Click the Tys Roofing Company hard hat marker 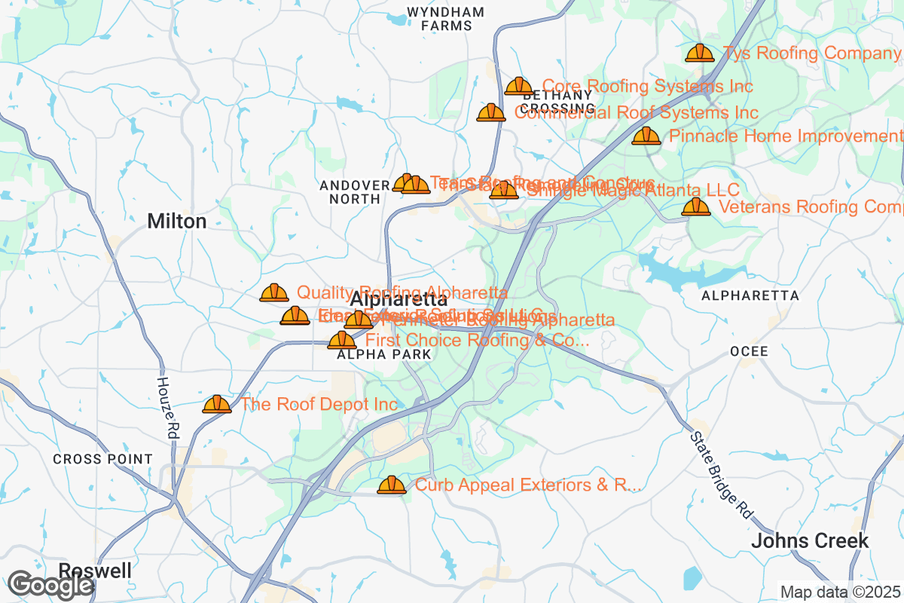point(699,53)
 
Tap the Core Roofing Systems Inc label point(647,87)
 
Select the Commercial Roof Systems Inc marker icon point(491,112)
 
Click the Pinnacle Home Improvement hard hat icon point(646,136)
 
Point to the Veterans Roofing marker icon point(695,207)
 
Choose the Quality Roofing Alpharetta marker point(273,292)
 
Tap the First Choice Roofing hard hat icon point(342,340)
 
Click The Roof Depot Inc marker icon point(217,405)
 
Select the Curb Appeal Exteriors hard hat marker point(392,485)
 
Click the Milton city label point(177,221)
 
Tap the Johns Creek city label point(810,540)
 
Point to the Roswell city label point(95,570)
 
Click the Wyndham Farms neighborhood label point(446,19)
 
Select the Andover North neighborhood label point(353,192)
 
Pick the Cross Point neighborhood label point(102,459)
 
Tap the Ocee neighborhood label point(749,352)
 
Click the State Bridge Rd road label point(721,473)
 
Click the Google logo point(51,585)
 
